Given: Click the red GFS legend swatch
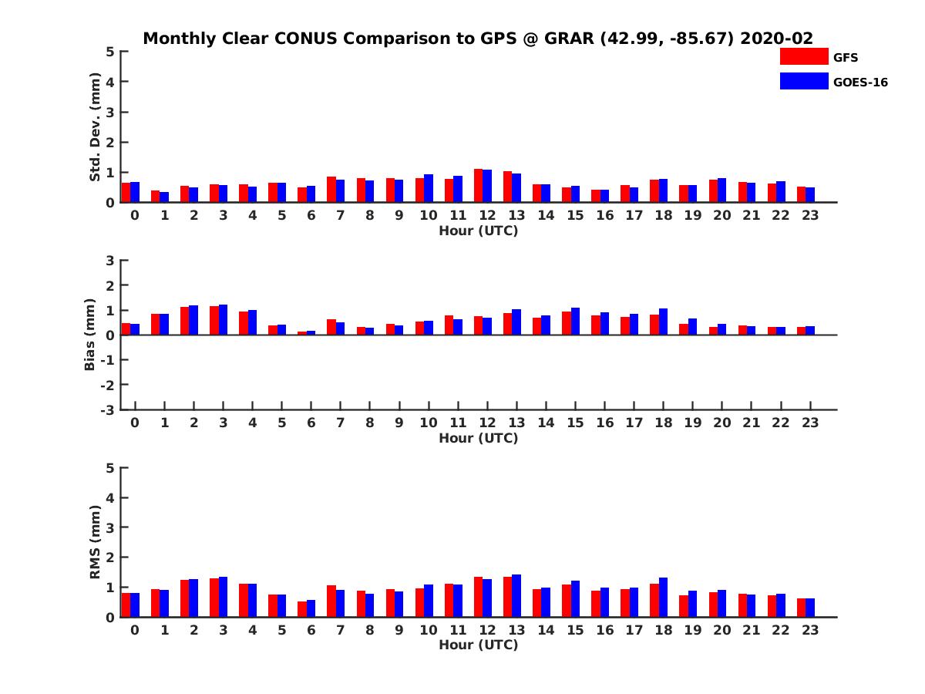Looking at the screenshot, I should pyautogui.click(x=803, y=56).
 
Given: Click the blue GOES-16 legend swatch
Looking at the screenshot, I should pyautogui.click(x=803, y=81).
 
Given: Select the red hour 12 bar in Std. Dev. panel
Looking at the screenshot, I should pyautogui.click(x=479, y=186).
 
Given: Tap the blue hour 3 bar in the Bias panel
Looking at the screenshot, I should pyautogui.click(x=223, y=320).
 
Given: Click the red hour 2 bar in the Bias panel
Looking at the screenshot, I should pyautogui.click(x=185, y=321).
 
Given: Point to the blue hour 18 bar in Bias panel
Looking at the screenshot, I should pyautogui.click(x=663, y=322).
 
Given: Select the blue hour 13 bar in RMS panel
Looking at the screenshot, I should pyautogui.click(x=516, y=596).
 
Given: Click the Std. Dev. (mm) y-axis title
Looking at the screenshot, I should pyautogui.click(x=95, y=127).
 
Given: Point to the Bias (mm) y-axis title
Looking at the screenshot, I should pyautogui.click(x=89, y=335).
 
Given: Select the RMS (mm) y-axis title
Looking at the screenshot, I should pyautogui.click(x=95, y=542).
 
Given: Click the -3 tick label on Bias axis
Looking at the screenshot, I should pyautogui.click(x=106, y=410).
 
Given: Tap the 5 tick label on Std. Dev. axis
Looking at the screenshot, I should pyautogui.click(x=111, y=52).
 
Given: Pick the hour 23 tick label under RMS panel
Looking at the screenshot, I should pyautogui.click(x=809, y=630).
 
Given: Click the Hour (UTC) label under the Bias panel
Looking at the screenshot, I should pyautogui.click(x=478, y=438).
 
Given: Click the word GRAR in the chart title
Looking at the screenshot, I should pyautogui.click(x=569, y=39).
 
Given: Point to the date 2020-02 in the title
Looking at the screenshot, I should pyautogui.click(x=776, y=39).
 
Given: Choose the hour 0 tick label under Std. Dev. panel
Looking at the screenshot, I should pyautogui.click(x=135, y=215).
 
